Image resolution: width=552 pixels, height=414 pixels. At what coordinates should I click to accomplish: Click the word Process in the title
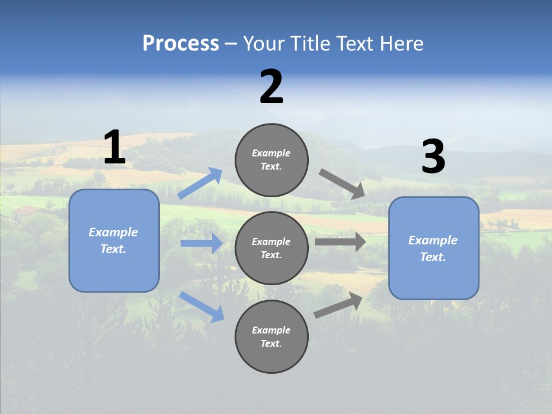pyautogui.click(x=181, y=44)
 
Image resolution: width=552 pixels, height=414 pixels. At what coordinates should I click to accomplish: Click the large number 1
pyautogui.click(x=114, y=148)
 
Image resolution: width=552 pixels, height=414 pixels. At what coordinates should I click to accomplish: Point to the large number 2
pyautogui.click(x=271, y=87)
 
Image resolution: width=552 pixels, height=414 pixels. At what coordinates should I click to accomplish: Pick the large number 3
pyautogui.click(x=433, y=157)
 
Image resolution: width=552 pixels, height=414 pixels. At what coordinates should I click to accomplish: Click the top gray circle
pyautogui.click(x=271, y=160)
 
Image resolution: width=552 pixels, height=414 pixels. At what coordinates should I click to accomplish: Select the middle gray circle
pyautogui.click(x=271, y=248)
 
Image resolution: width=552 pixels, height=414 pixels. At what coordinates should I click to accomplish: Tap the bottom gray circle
pyautogui.click(x=271, y=336)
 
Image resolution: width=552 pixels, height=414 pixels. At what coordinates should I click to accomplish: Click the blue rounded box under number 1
pyautogui.click(x=114, y=240)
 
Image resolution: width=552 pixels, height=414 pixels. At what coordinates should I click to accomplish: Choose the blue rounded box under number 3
pyautogui.click(x=434, y=248)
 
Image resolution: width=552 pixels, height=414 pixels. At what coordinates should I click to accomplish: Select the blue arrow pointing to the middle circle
pyautogui.click(x=201, y=243)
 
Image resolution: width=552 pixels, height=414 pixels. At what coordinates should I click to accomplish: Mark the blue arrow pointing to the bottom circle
pyautogui.click(x=201, y=306)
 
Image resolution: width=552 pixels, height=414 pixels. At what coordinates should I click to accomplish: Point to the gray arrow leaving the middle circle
pyautogui.click(x=340, y=241)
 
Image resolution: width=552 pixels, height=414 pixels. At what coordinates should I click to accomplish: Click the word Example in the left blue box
pyautogui.click(x=113, y=232)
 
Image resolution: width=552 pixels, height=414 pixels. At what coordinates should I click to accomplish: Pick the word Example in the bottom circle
pyautogui.click(x=271, y=330)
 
